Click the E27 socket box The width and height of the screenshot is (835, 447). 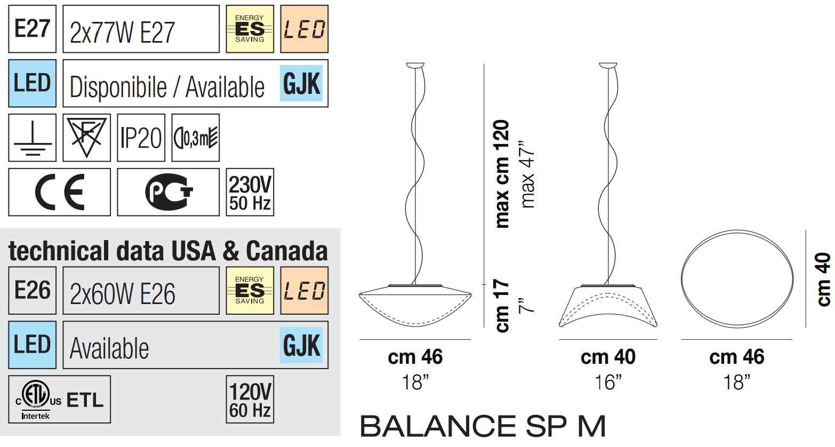click(32, 29)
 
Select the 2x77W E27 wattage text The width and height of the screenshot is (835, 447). click(122, 32)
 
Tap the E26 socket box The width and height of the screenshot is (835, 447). click(32, 291)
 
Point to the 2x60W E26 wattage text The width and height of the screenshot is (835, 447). click(122, 293)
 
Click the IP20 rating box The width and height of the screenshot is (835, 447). click(141, 138)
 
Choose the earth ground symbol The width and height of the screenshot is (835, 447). click(33, 138)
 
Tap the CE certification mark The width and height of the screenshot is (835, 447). click(60, 192)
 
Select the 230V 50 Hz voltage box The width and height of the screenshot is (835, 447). click(250, 192)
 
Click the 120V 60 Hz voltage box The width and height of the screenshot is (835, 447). click(250, 400)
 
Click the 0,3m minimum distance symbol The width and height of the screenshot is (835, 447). click(196, 138)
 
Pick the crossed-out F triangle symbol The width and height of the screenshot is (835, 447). click(86, 138)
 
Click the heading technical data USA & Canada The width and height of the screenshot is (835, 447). click(168, 251)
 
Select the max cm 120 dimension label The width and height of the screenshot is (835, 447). click(502, 174)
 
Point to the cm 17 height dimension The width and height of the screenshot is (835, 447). click(502, 306)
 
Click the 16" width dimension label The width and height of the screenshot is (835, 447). click(608, 382)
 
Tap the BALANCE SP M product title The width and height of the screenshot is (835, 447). click(483, 426)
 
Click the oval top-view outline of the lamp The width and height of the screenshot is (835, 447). click(736, 278)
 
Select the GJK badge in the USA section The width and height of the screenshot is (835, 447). click(302, 345)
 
